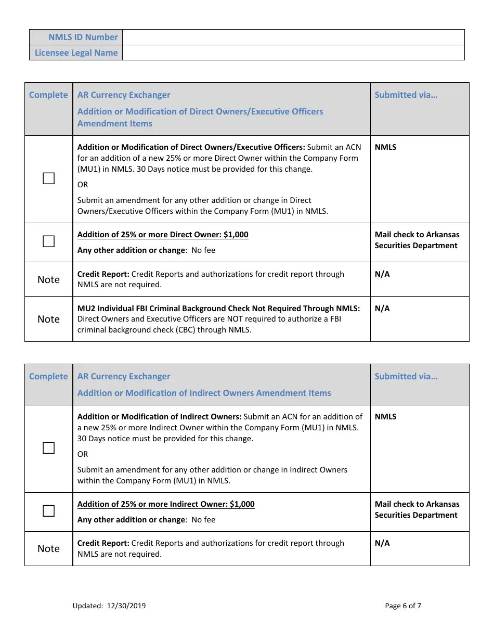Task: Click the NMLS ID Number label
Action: (x=83, y=37)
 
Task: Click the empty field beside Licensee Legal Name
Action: (x=293, y=53)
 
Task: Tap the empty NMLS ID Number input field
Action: (x=293, y=37)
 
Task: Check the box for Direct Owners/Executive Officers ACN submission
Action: (x=48, y=179)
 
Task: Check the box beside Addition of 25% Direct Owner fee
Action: (x=48, y=241)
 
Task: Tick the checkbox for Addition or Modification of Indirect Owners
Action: (x=48, y=448)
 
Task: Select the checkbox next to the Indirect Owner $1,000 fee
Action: (x=48, y=511)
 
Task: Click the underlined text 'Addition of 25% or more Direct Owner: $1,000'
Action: (x=163, y=235)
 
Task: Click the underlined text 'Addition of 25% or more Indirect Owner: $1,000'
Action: (x=166, y=504)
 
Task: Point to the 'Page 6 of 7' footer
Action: (x=403, y=606)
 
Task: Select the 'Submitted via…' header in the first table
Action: (x=406, y=95)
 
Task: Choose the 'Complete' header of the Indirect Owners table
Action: (x=48, y=376)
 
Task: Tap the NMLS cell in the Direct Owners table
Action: (x=385, y=147)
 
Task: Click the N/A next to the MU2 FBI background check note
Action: (x=382, y=309)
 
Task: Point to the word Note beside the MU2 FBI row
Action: (x=48, y=319)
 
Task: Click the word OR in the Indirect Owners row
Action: (x=83, y=454)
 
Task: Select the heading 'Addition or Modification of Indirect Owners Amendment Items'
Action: (x=204, y=393)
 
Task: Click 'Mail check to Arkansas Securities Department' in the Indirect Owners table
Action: (x=417, y=509)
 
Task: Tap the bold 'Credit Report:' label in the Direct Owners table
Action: (x=103, y=274)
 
